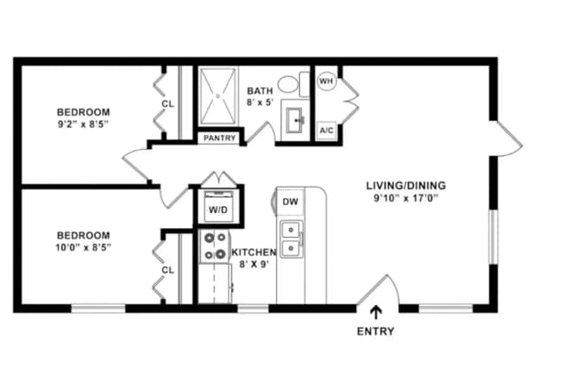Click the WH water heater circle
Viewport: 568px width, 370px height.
(x=327, y=81)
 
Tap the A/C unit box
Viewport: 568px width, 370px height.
(x=327, y=130)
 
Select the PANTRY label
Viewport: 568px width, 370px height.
(x=219, y=138)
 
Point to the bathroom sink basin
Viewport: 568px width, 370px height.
(x=296, y=120)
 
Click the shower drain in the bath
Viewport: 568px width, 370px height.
(x=217, y=96)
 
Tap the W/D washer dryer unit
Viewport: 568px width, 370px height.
(x=218, y=206)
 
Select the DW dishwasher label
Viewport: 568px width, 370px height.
(x=290, y=201)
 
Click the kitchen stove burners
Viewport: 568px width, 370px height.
(x=215, y=246)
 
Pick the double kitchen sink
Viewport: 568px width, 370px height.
(x=291, y=239)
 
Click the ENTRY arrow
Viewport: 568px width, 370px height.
(x=376, y=313)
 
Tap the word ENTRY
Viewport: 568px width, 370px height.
(x=375, y=331)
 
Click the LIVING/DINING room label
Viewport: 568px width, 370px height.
(x=406, y=185)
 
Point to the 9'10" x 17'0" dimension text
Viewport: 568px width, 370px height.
(x=406, y=198)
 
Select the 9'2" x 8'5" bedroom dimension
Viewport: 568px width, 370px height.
(x=83, y=124)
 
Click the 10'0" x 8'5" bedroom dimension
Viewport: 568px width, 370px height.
(x=83, y=248)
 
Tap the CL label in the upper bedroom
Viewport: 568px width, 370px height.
(x=168, y=105)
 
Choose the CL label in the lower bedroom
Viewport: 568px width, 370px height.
(x=168, y=270)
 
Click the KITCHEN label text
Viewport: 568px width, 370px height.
(x=254, y=252)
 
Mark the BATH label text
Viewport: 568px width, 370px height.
(x=260, y=91)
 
